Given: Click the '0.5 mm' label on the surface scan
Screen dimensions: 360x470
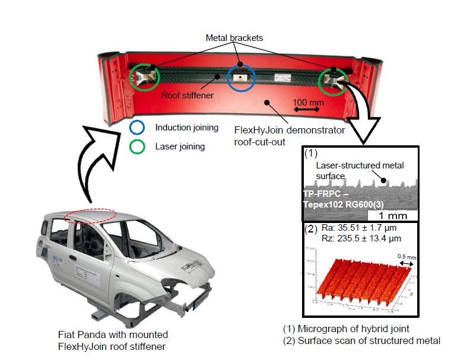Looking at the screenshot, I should click(405, 256).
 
